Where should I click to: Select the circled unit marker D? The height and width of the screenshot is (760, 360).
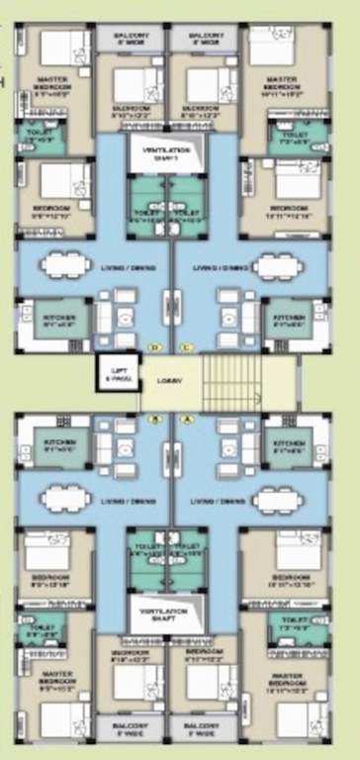coord(153,347)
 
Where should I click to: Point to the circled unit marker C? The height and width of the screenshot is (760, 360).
coord(188,347)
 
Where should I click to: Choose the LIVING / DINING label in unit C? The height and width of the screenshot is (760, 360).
coord(218,267)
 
